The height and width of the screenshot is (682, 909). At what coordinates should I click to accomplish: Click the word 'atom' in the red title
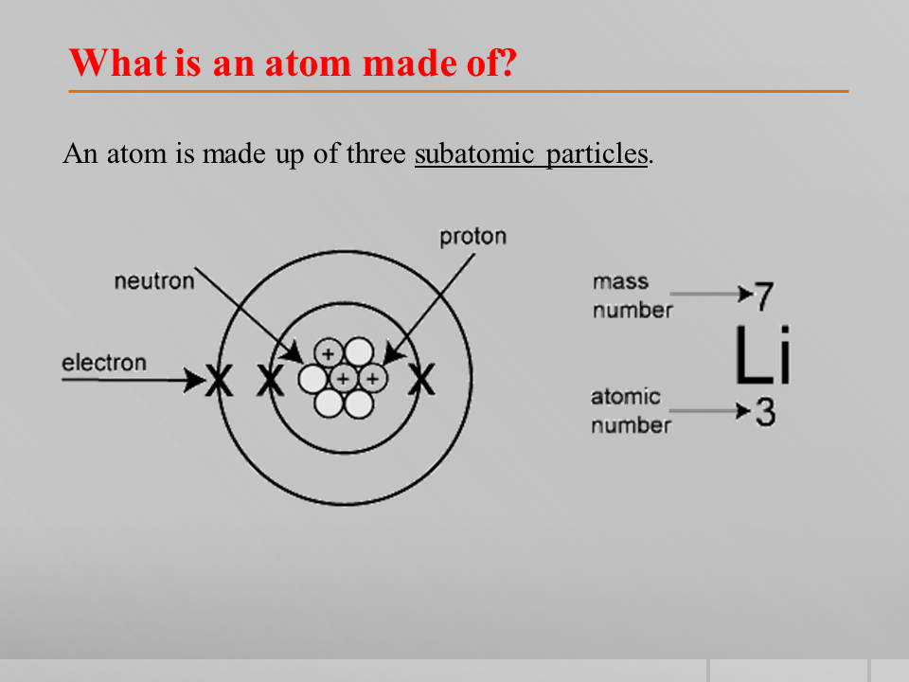pos(308,63)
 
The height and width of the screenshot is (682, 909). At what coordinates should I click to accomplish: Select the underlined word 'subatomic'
pos(474,153)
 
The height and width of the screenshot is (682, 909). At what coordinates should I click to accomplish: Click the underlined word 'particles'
pos(597,154)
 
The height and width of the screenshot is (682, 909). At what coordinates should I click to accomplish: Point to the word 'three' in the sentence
pos(376,153)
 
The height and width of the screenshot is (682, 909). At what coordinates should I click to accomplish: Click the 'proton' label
pos(473,237)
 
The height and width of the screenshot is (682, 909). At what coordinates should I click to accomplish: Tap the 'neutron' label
pos(154,281)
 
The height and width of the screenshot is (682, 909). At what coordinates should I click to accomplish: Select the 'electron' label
pos(104,363)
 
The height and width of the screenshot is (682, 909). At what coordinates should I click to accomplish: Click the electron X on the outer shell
pos(219,381)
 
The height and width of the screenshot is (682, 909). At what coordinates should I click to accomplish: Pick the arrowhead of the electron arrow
pos(195,381)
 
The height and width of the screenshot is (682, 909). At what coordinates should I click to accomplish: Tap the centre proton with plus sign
pos(343,379)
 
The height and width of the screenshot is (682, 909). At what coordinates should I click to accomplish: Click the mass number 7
pos(764,296)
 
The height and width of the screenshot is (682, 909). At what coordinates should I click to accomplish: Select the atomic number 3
pos(765,412)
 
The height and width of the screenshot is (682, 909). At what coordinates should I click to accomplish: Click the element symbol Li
pos(762,355)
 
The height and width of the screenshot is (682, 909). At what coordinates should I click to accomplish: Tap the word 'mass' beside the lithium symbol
pos(620,282)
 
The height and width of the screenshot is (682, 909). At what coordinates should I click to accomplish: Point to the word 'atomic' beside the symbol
pos(626,397)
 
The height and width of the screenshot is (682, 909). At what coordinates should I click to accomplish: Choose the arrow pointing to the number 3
pos(711,411)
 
